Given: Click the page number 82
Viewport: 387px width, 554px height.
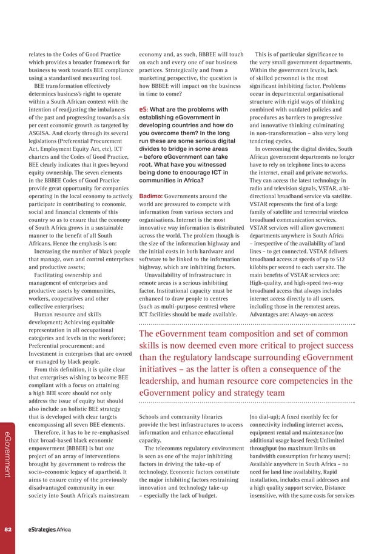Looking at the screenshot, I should coord(8,529).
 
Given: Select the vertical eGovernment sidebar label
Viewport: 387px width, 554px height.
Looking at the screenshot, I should coord(8,455).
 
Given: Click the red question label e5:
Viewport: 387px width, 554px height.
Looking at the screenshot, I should coord(144,110).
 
